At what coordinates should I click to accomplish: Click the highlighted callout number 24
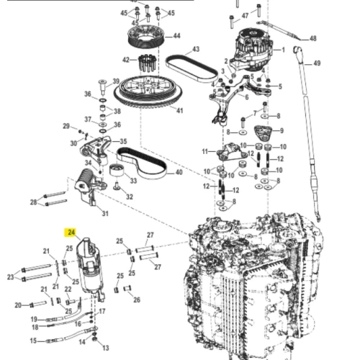tap(71, 233)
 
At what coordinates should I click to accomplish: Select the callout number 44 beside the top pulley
tap(177, 36)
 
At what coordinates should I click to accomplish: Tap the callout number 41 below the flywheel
tap(179, 111)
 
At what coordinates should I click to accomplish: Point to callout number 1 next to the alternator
tap(283, 50)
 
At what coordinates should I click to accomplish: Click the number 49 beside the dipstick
tap(317, 63)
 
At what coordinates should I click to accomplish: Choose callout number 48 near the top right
tap(313, 38)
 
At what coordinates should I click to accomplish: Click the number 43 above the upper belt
tap(196, 49)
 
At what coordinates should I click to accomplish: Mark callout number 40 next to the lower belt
tap(179, 172)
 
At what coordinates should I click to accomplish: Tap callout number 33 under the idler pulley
tap(133, 181)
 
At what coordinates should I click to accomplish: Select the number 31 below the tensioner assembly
tap(105, 213)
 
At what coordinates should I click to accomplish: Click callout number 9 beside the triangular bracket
tap(282, 130)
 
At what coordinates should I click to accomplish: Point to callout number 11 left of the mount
tap(204, 152)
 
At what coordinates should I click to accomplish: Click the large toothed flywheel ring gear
tap(148, 92)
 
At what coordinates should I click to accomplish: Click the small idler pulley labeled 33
tap(116, 171)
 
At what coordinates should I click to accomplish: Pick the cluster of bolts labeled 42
tap(148, 63)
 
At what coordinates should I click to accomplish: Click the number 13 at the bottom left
tap(106, 348)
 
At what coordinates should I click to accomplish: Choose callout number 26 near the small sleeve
tap(137, 300)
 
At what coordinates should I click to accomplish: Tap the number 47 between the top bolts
tap(245, 16)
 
